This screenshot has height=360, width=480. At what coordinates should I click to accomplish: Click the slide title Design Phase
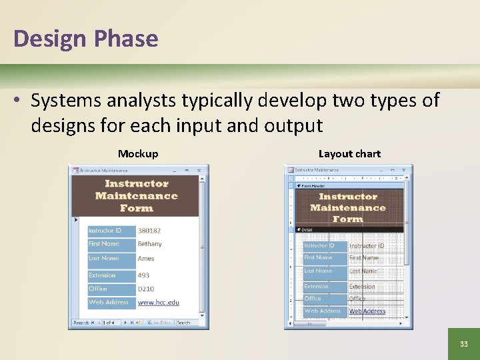pos(85,39)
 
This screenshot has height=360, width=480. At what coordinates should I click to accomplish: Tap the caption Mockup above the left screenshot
pos(138,154)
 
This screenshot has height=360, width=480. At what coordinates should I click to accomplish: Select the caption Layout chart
pos(349,154)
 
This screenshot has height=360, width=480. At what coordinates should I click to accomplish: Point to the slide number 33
pos(463,344)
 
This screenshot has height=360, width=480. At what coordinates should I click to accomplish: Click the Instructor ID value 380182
pos(149,231)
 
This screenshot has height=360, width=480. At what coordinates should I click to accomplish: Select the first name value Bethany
pos(149,244)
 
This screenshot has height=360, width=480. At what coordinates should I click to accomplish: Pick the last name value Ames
pos(146,259)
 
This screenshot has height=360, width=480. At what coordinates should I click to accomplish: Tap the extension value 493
pos(143,275)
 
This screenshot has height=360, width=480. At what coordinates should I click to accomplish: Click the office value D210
pos(145,289)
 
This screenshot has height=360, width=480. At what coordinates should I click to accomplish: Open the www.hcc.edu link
pos(158,303)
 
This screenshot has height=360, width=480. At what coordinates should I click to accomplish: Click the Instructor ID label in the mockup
pos(105,231)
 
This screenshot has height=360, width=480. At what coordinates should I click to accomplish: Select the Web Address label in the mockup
pos(109,303)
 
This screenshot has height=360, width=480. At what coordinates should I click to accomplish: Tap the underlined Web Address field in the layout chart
pos(367,311)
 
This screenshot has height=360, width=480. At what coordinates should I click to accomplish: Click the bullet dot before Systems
pos(18,101)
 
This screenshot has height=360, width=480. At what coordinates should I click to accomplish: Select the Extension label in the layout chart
pos(316,287)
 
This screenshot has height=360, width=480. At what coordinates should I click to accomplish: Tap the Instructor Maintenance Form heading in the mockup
pos(136,196)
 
